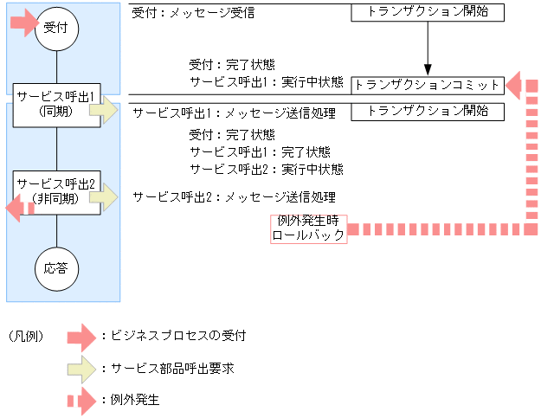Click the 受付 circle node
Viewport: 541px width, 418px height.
tap(56, 29)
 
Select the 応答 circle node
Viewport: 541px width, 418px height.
tap(56, 267)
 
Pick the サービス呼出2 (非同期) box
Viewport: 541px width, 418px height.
tap(56, 191)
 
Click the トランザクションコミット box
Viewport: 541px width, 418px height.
tap(427, 85)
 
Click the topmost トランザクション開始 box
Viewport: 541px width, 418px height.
tap(427, 13)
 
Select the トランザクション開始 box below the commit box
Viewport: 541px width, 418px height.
tap(427, 111)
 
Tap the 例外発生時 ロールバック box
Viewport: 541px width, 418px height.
tap(309, 228)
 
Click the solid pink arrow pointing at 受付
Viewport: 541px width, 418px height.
tap(24, 23)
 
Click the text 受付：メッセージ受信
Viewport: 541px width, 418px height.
tap(193, 14)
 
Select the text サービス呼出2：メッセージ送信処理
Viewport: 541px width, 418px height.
tap(234, 196)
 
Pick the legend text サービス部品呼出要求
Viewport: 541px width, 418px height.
tap(167, 368)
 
